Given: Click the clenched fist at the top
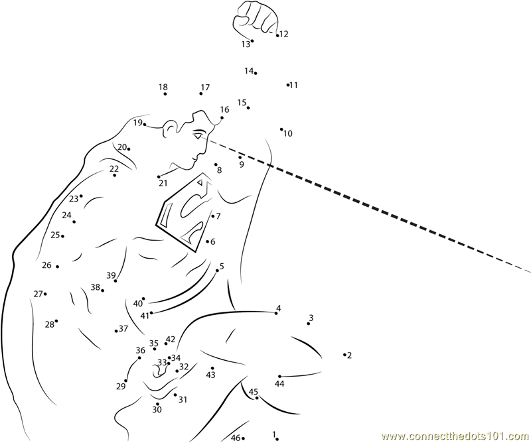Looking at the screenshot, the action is click(x=255, y=18).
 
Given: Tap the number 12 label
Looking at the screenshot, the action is click(x=284, y=34).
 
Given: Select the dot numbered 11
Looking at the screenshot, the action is click(x=288, y=85).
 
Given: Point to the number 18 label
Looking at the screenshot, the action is click(x=163, y=87).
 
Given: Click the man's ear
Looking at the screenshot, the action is click(x=170, y=129).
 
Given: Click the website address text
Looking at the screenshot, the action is click(x=456, y=435).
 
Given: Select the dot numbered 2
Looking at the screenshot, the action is click(x=344, y=355).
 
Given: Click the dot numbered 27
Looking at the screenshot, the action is click(x=45, y=294).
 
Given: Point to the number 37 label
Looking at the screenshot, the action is click(x=123, y=328).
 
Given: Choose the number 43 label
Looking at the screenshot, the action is click(x=210, y=375).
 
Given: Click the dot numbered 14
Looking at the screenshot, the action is click(x=256, y=73).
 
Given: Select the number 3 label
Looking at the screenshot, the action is click(x=311, y=318).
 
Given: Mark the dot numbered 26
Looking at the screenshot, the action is click(x=57, y=267).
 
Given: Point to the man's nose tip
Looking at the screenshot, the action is click(x=192, y=158).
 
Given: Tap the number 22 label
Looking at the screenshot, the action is click(x=114, y=168).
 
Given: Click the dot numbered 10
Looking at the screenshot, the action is click(x=281, y=129).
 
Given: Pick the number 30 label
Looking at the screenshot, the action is click(x=157, y=409).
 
